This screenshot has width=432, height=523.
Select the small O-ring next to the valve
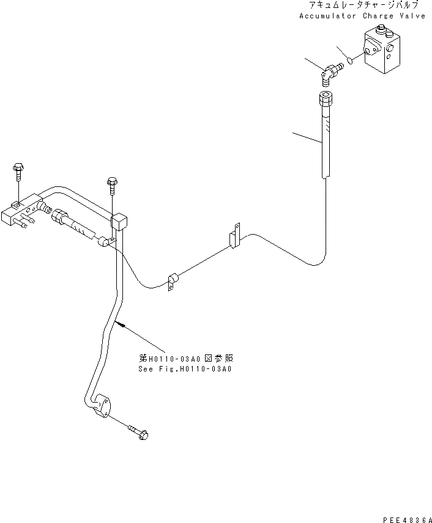click(x=350, y=60)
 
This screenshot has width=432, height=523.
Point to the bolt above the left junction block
click(x=17, y=170)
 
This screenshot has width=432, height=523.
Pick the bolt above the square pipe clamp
click(x=112, y=185)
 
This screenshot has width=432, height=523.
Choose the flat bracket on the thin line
click(x=234, y=240)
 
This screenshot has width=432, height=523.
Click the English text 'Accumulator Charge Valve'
click(x=362, y=16)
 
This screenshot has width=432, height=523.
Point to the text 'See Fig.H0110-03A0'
click(x=184, y=369)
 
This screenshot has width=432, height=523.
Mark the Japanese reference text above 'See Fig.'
click(x=184, y=359)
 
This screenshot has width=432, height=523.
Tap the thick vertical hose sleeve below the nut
click(x=324, y=141)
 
